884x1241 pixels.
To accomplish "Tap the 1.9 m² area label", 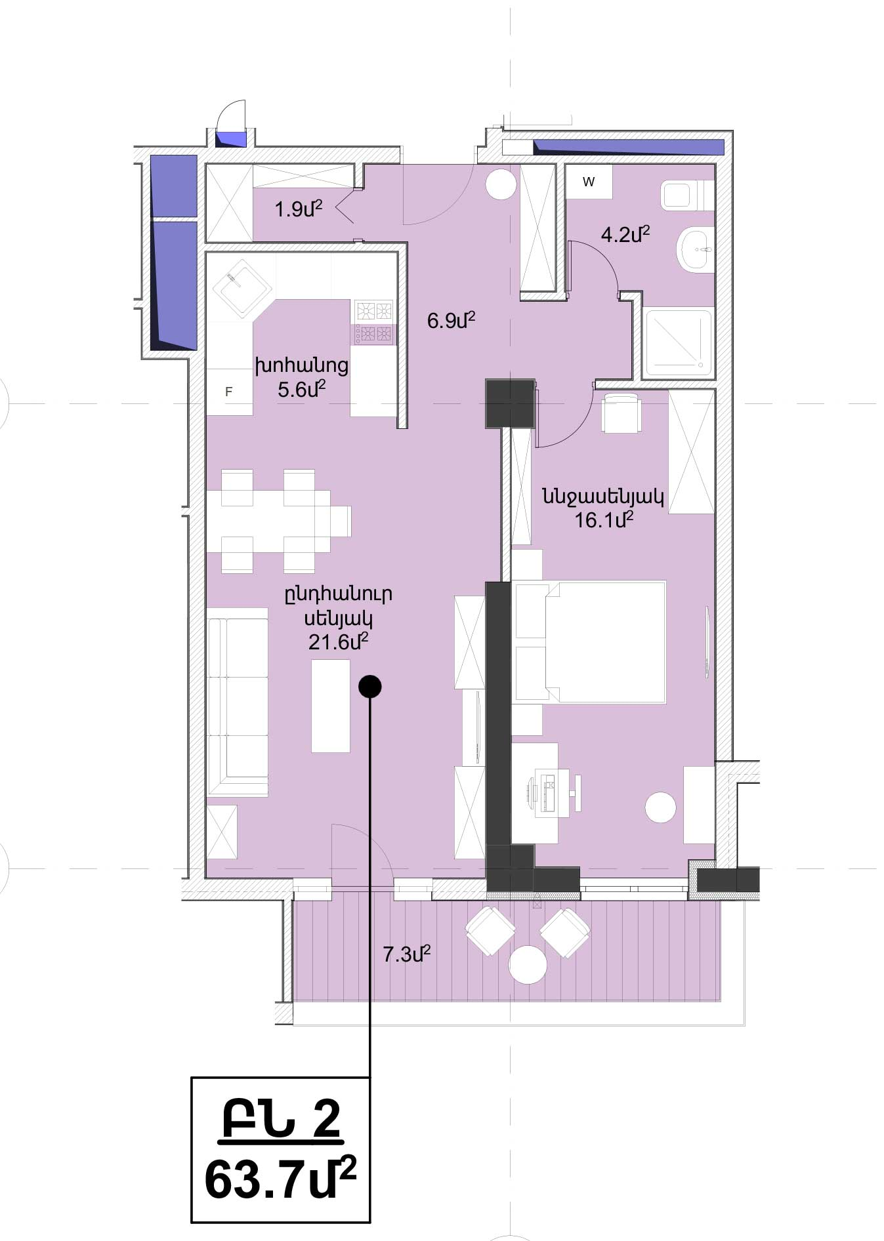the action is point(299,209).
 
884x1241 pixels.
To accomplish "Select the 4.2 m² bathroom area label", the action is point(625,234).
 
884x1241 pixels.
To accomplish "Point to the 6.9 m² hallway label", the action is point(451,321).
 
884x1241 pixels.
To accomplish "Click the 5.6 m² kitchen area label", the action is point(302,390).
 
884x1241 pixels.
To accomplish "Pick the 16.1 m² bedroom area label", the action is point(604,520).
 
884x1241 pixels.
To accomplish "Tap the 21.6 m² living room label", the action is point(338,641).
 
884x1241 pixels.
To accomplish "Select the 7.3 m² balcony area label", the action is point(406,954).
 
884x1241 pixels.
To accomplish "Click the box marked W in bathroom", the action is point(589,182).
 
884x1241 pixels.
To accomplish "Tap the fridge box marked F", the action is point(229,392).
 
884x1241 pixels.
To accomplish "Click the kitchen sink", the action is point(242,287).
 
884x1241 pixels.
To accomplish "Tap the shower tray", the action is point(679,343).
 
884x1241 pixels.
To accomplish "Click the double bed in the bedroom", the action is point(591,641).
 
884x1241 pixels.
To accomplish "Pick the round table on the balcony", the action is point(528,964).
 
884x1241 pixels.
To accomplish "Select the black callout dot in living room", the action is point(370,687).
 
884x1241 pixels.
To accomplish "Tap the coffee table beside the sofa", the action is point(331,706).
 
